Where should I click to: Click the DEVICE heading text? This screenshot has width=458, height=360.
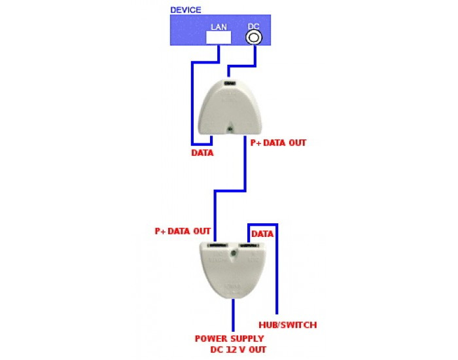coord(185,10)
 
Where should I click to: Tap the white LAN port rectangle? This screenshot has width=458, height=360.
coord(218,37)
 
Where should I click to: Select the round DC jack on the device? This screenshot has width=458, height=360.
coord(253,37)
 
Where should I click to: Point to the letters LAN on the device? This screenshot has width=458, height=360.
coord(218,27)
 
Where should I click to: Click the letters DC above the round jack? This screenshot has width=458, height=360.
coord(253,26)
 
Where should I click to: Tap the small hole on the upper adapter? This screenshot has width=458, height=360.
coord(230,128)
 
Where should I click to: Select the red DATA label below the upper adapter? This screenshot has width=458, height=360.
coord(202,153)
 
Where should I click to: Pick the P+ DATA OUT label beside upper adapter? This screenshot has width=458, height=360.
coord(279,142)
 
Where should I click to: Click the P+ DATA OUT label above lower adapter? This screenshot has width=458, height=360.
coord(183,231)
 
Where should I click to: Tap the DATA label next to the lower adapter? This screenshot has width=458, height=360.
coord(262,233)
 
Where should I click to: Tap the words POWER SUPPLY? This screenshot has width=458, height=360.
coord(230,338)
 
